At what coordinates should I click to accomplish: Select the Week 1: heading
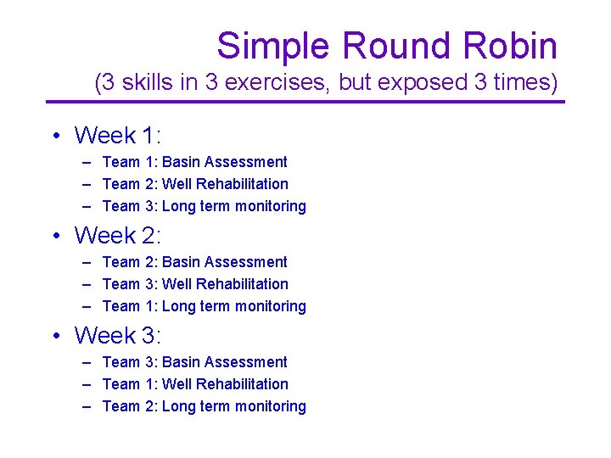click(117, 136)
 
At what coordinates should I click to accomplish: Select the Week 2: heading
click(117, 235)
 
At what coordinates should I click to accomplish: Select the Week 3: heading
click(117, 335)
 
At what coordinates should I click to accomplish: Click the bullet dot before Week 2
click(54, 236)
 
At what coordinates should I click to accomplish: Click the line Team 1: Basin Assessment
click(194, 162)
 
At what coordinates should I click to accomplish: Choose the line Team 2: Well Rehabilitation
click(194, 184)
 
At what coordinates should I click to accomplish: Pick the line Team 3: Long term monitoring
click(204, 206)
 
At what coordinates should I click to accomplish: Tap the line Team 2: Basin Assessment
click(194, 262)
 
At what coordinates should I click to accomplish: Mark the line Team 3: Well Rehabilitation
click(194, 284)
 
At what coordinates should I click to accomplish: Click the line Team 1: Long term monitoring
click(204, 306)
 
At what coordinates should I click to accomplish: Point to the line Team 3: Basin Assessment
click(194, 362)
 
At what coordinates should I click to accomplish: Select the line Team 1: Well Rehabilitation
click(194, 384)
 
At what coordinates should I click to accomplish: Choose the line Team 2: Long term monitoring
click(204, 406)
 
